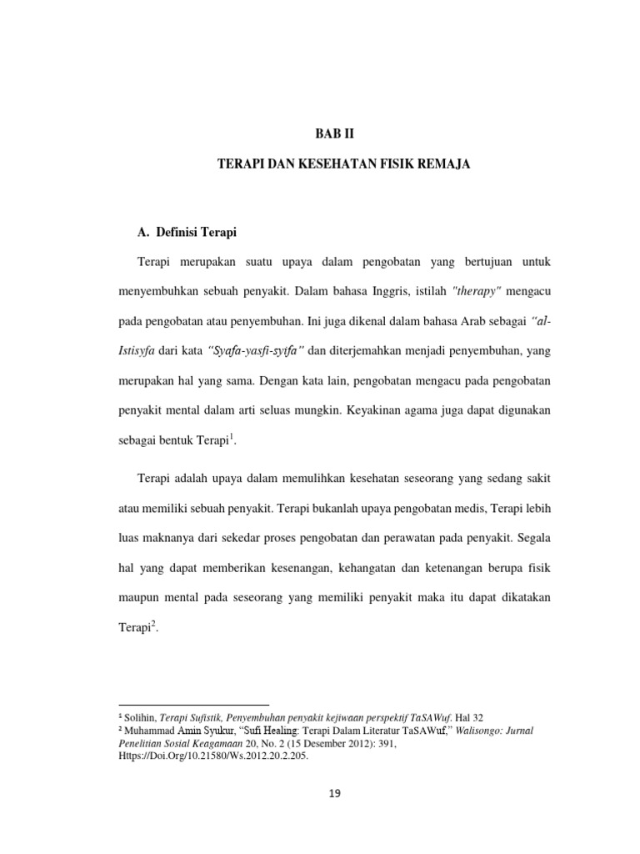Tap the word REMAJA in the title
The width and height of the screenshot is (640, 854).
444,165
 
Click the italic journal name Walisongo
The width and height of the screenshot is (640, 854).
465,731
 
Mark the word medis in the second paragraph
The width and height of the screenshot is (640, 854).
453,505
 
